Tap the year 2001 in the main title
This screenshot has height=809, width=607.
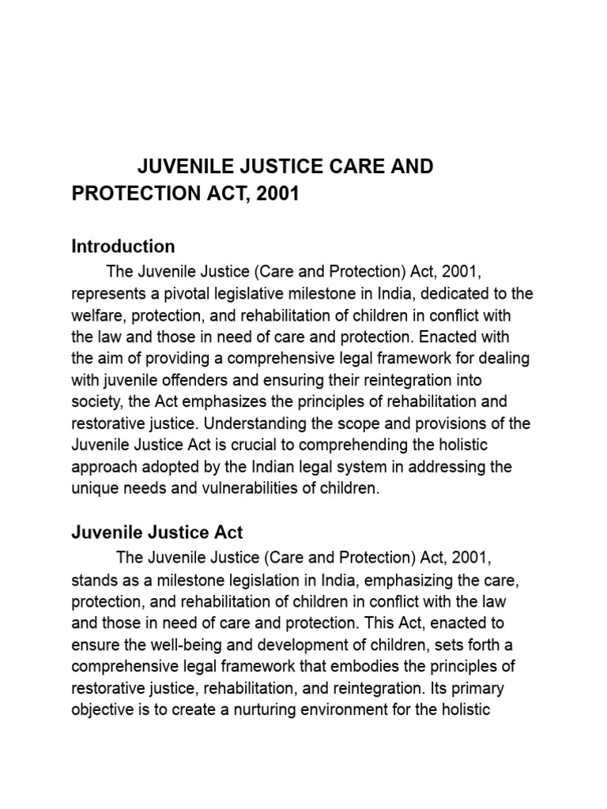point(276,194)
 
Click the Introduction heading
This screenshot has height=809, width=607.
point(123,246)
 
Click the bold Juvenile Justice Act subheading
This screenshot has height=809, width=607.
point(157,532)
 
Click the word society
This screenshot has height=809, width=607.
point(97,402)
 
